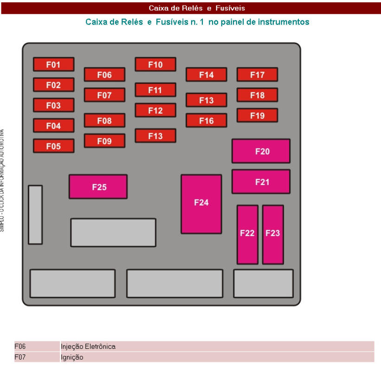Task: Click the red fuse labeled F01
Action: [x=53, y=64]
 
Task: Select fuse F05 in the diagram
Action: [x=53, y=146]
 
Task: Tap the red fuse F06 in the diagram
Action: [x=104, y=75]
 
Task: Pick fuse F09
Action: [x=104, y=141]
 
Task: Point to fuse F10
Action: [x=155, y=64]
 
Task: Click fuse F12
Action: [x=155, y=110]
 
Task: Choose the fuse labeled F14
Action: [x=207, y=75]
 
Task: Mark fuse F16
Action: [x=207, y=121]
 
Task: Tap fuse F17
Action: [x=257, y=75]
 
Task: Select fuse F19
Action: [x=257, y=116]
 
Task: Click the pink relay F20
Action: [x=261, y=151]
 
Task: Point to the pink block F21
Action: [x=261, y=182]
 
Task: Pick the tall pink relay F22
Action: [x=247, y=234]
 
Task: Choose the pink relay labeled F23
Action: [x=273, y=234]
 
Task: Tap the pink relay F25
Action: [x=98, y=187]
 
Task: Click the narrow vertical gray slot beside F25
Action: [x=35, y=215]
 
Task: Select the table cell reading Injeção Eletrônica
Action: [x=88, y=347]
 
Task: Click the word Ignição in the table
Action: [x=72, y=357]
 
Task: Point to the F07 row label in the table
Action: [x=20, y=357]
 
